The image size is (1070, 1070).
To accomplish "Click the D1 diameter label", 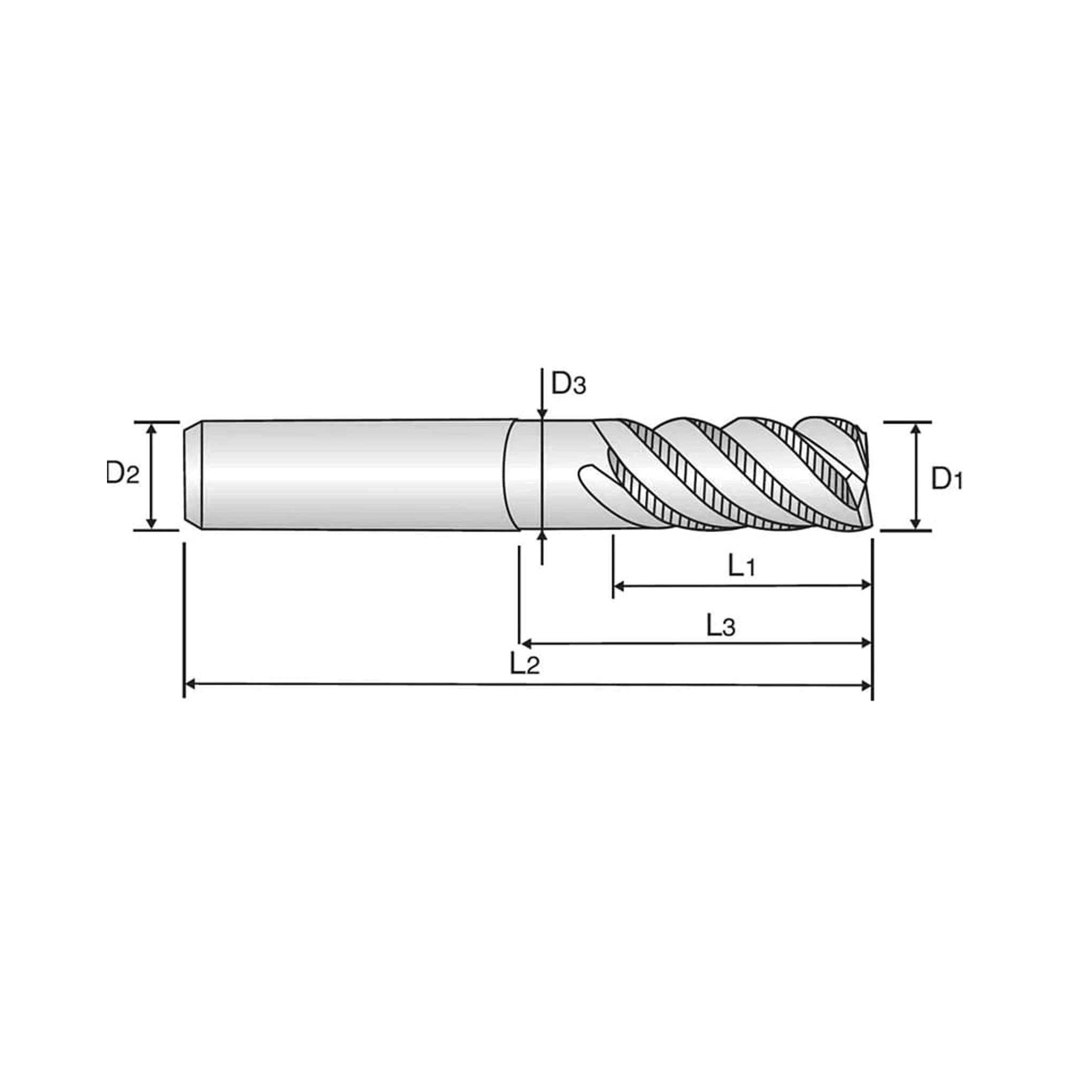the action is [x=946, y=478].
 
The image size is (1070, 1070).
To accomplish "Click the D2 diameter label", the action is [x=123, y=473].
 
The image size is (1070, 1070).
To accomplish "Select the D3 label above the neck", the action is [x=568, y=383].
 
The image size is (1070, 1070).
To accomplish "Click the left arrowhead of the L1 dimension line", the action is [x=619, y=585].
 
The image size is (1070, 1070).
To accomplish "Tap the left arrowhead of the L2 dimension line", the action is [x=190, y=685].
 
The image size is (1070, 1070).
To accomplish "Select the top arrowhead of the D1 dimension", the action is [x=916, y=429].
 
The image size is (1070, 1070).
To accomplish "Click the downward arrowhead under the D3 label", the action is [x=542, y=413].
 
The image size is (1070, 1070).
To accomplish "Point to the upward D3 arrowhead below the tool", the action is [x=542, y=536].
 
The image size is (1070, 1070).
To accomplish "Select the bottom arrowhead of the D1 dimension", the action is [x=916, y=523].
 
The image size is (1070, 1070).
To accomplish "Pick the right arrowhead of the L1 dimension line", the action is [x=866, y=585].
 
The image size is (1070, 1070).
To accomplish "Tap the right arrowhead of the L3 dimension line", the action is [x=866, y=643].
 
